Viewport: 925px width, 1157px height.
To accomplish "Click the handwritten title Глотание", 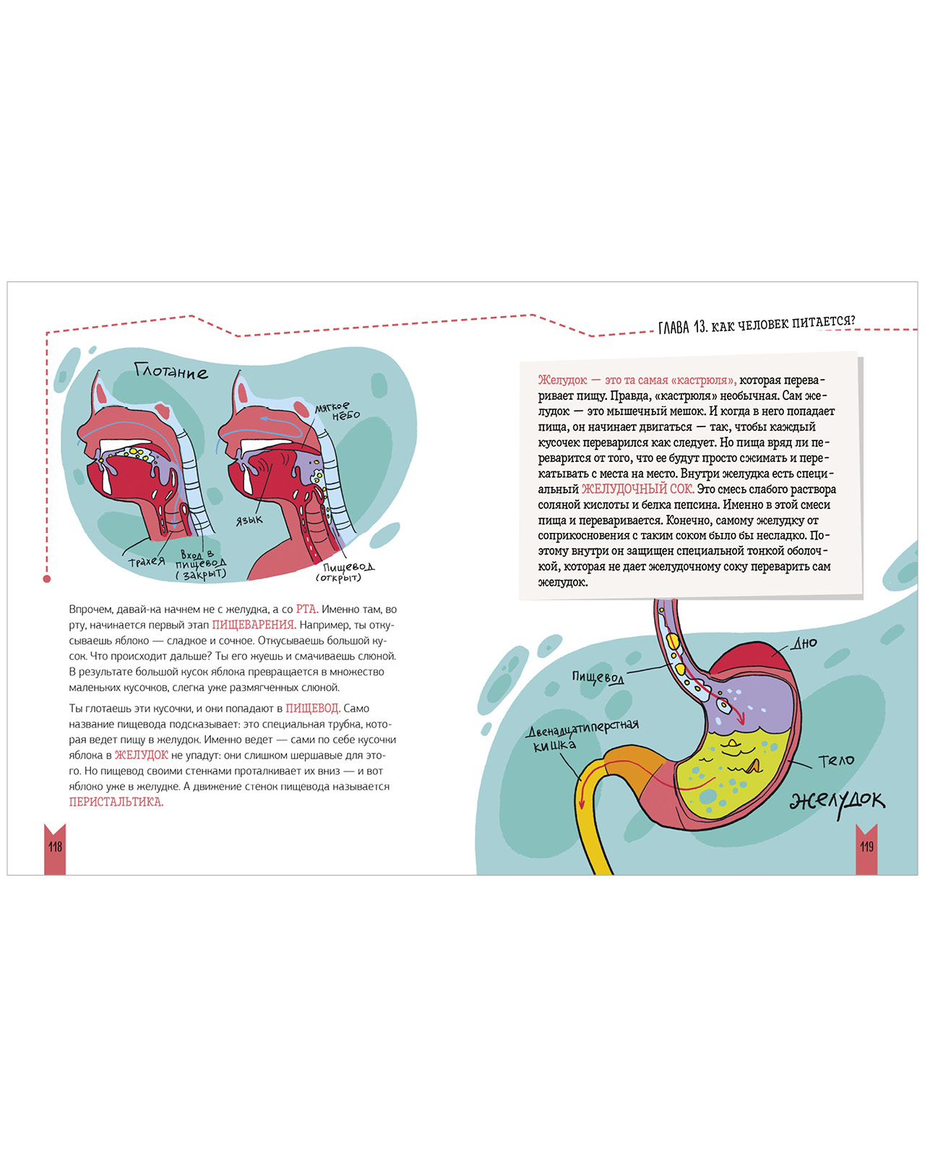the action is coord(171,372).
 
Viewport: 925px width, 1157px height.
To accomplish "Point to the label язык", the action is coord(249,520).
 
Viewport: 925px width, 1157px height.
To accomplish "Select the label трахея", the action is coord(147,561).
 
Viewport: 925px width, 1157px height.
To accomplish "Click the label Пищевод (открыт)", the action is coord(345,572).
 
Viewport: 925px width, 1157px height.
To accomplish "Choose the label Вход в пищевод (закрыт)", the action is coord(200,565).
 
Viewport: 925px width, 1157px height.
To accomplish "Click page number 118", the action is coord(55,846).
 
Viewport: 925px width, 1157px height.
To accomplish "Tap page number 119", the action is coord(866,846).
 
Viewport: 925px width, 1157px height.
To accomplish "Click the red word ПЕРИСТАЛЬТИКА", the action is coord(116,802).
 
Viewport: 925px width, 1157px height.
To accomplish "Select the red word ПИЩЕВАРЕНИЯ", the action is coord(254,625).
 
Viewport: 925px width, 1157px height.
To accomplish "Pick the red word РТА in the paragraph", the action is coord(306,609).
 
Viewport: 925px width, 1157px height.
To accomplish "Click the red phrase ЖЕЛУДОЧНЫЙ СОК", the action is coord(637,490).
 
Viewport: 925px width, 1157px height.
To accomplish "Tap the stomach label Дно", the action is coord(804,643).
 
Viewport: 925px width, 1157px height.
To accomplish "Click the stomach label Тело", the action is coord(836,761).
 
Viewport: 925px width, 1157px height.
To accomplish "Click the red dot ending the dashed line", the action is coord(47,578).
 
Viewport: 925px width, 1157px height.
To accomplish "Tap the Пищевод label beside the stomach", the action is coord(598,677).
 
